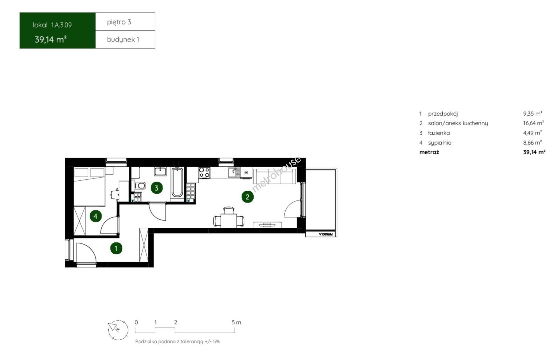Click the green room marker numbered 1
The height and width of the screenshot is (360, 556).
click(116, 248)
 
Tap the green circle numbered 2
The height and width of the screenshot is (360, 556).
click(247, 197)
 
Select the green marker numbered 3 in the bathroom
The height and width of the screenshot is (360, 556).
click(157, 188)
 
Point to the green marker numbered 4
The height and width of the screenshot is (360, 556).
click(96, 216)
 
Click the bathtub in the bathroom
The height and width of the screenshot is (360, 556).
click(177, 183)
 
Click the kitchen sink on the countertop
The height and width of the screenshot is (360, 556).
click(234, 172)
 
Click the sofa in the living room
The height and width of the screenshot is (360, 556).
click(274, 176)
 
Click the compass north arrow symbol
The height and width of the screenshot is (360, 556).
click(114, 328)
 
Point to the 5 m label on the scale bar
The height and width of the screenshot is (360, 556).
click(236, 322)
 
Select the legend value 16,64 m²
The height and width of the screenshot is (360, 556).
click(533, 123)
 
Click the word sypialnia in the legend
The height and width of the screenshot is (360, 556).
click(440, 143)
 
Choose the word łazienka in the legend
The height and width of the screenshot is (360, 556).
click(439, 133)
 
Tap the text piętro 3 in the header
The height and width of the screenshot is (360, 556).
click(119, 22)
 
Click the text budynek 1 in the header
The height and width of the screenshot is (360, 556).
click(123, 39)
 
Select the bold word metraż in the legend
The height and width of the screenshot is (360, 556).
click(429, 152)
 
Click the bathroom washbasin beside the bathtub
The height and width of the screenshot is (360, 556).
click(160, 171)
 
